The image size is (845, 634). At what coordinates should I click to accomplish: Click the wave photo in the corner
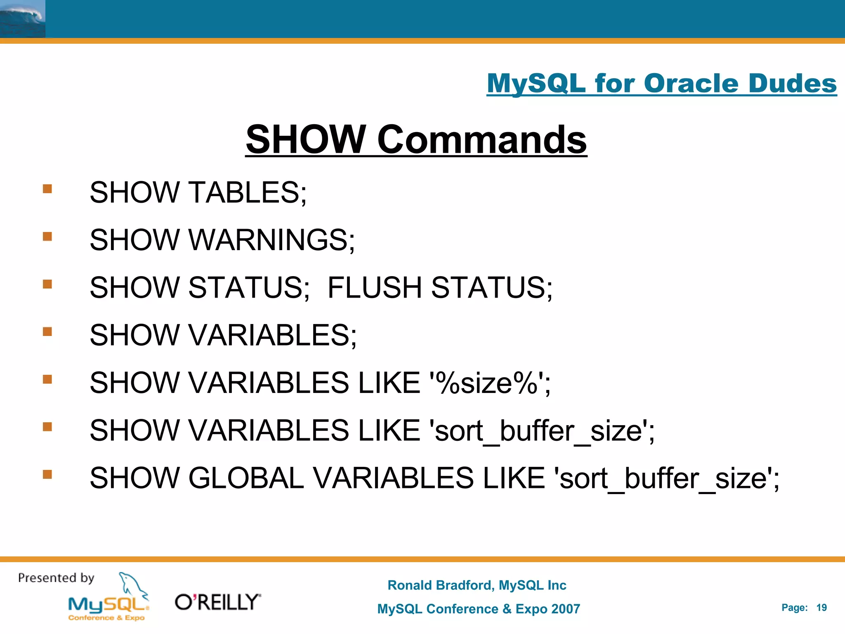[x=22, y=19]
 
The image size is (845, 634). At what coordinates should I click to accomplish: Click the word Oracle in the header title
[x=691, y=83]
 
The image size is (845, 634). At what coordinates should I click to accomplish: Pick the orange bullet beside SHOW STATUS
[x=47, y=284]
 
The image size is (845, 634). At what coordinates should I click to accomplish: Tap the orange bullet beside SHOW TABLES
[x=47, y=189]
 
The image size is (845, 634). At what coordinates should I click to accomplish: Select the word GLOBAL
[x=246, y=478]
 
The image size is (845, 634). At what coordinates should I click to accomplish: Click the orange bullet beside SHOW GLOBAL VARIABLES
[x=47, y=474]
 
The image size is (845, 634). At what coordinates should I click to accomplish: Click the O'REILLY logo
[x=218, y=602]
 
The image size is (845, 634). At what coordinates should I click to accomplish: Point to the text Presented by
[x=56, y=578]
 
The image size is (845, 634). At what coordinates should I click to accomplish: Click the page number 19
[x=821, y=608]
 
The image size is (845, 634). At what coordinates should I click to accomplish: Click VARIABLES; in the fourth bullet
[x=272, y=335]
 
